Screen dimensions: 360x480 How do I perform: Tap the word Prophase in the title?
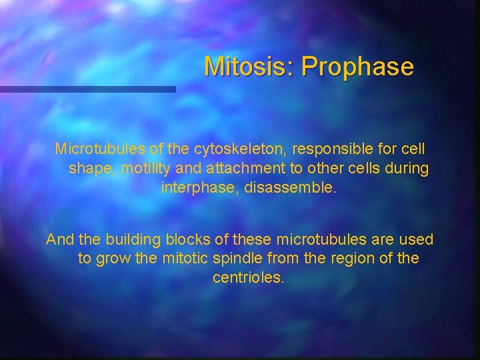click(357, 67)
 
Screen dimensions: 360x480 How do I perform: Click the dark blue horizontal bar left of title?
click(87, 89)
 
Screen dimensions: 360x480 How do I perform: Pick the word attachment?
click(247, 168)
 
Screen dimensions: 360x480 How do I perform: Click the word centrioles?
click(248, 277)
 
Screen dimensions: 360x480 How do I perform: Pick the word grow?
click(113, 259)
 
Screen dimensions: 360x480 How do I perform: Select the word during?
click(407, 168)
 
